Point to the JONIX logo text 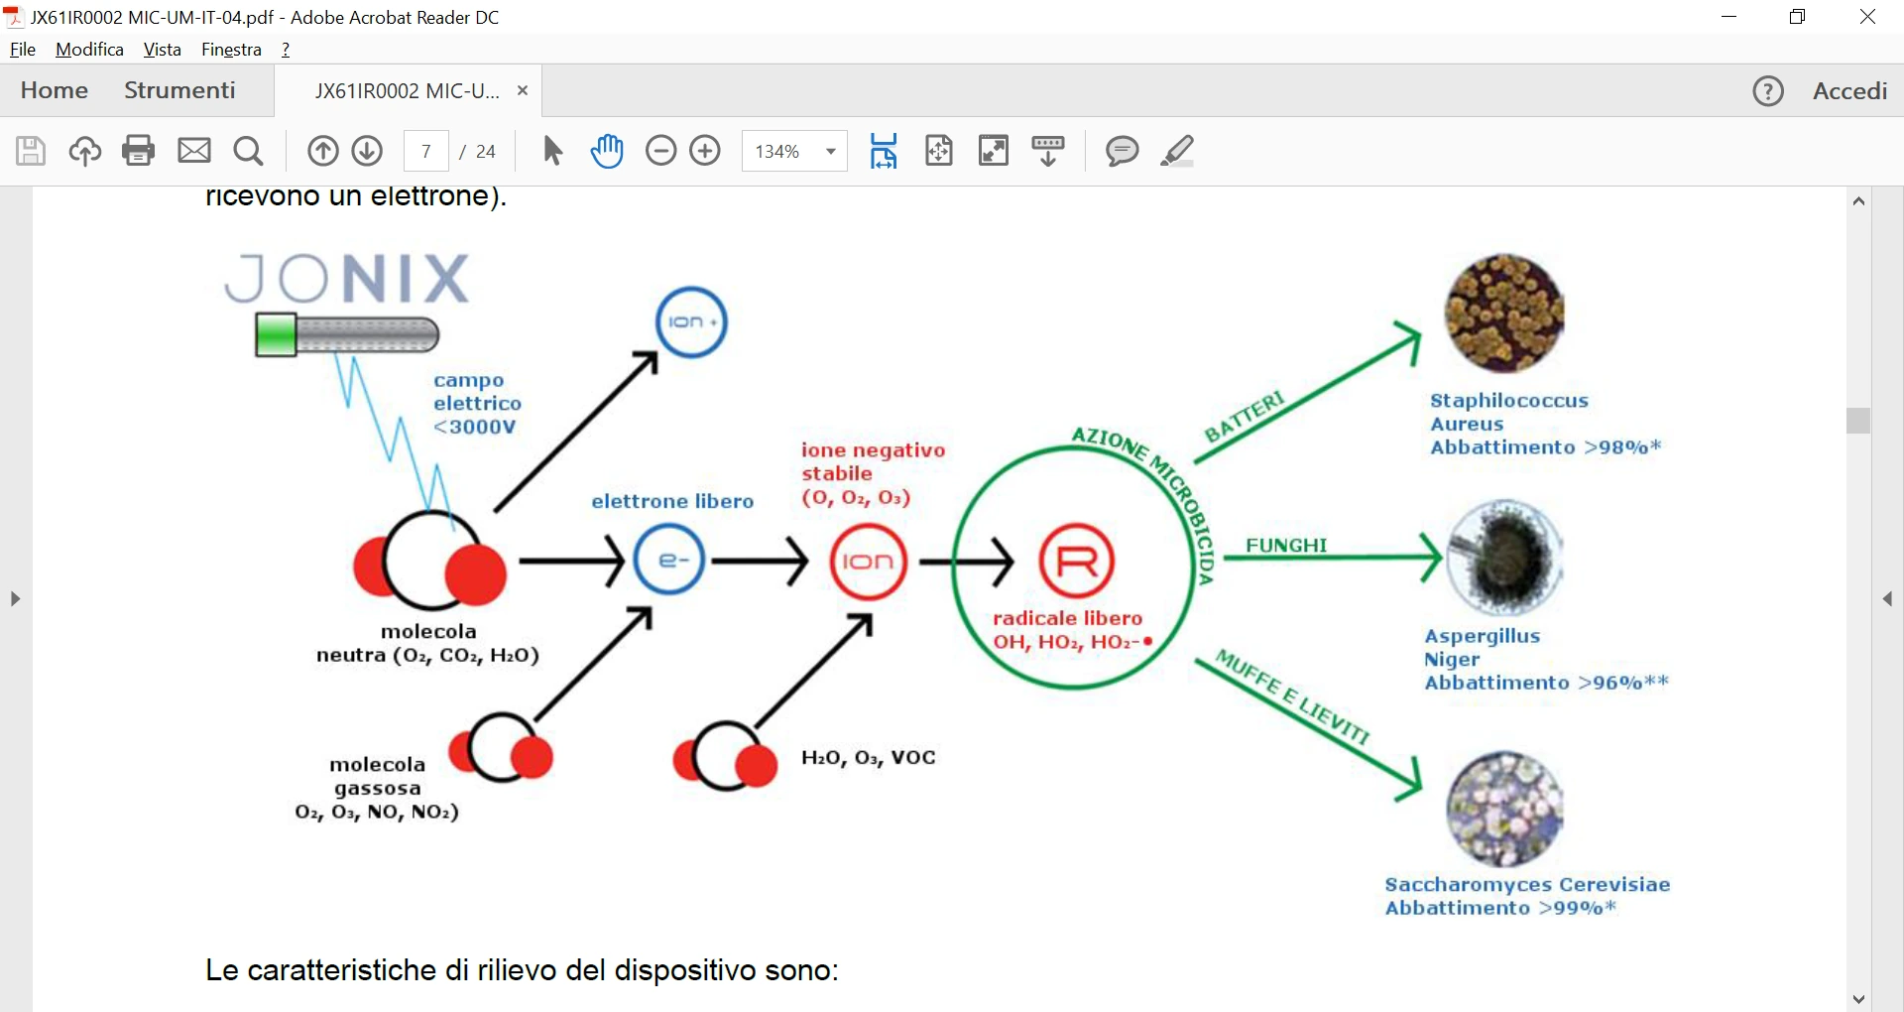[347, 278]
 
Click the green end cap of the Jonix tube [276, 334]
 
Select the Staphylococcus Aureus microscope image [1504, 314]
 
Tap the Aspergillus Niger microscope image [1504, 559]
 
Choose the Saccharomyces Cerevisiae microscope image [1504, 810]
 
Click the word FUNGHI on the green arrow [1286, 545]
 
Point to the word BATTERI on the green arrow [1245, 417]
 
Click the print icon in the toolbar [139, 151]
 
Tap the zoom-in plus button [705, 151]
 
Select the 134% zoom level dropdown [794, 151]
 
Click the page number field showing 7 [426, 151]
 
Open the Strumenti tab [179, 90]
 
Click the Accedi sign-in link [1849, 90]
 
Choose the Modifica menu [89, 50]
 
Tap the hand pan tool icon [607, 151]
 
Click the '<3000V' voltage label [475, 427]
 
